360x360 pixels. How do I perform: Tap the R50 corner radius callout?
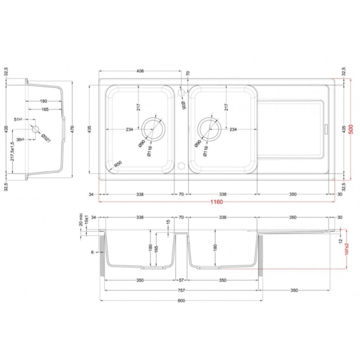pyautogui.click(x=118, y=165)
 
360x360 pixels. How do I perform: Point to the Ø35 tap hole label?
pyautogui.click(x=184, y=105)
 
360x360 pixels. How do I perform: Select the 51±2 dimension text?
pyautogui.click(x=19, y=119)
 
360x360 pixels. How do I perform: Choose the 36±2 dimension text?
pyautogui.click(x=19, y=139)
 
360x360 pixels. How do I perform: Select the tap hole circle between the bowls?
pyautogui.click(x=181, y=92)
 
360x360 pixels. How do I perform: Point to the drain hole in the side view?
pyautogui.click(x=36, y=130)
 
